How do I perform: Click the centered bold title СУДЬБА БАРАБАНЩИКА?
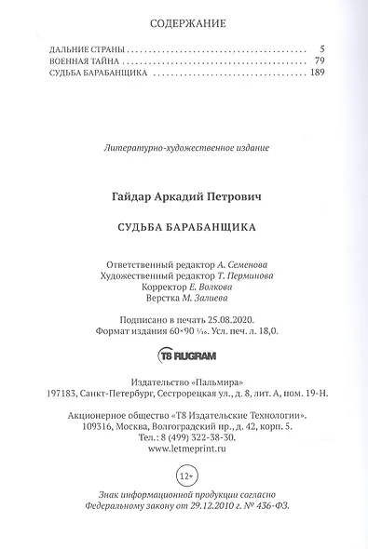coord(185,225)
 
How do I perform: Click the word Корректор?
coord(149,288)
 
